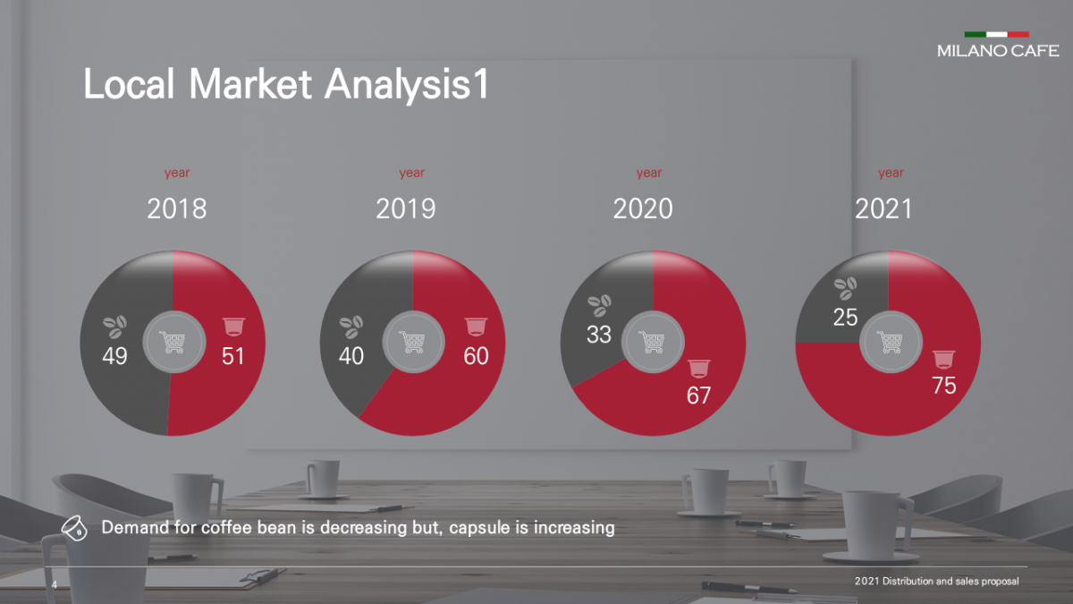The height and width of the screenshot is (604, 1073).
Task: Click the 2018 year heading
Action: [x=177, y=208]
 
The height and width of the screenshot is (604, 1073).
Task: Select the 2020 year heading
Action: [x=643, y=208]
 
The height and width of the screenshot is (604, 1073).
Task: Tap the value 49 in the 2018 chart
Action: [x=115, y=356]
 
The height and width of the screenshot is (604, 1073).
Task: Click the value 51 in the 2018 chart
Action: [x=233, y=356]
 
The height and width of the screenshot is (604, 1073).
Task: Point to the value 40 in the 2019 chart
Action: [x=351, y=356]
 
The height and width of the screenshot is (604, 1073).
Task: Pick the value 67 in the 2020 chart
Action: [x=699, y=395]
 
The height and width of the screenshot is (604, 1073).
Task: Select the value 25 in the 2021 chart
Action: [x=846, y=317]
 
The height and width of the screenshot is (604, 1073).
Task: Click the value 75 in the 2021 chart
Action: [x=943, y=386]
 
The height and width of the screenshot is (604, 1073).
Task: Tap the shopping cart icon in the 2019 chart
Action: [x=412, y=343]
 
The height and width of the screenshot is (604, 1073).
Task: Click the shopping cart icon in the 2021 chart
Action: [x=889, y=343]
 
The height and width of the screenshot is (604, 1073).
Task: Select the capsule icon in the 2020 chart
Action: [x=698, y=368]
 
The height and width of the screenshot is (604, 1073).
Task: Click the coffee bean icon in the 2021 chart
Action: [x=845, y=287]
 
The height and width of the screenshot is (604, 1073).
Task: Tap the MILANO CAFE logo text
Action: [x=998, y=51]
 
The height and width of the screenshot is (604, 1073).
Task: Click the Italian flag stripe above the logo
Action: [x=996, y=34]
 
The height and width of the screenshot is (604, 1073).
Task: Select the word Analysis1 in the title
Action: [x=407, y=85]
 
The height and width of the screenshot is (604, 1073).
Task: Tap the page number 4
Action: [x=55, y=584]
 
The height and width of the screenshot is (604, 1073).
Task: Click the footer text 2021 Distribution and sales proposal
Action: [x=936, y=582]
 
